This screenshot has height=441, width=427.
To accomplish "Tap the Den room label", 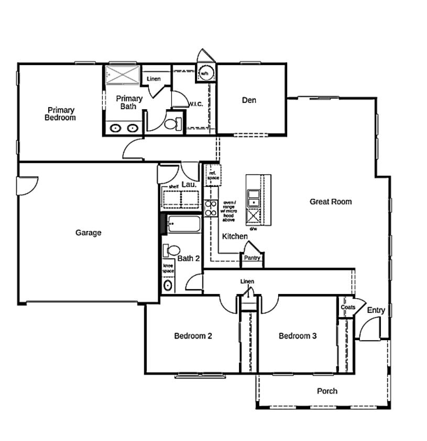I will click(249, 100).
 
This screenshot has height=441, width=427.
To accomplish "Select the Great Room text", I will click(330, 202).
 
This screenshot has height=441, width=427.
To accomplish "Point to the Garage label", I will click(88, 233).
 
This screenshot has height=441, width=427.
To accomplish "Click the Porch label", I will click(327, 391).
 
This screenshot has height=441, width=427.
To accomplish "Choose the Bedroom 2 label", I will click(193, 336).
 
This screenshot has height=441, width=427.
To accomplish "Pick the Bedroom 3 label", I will click(297, 336).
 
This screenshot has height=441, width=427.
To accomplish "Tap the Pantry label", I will click(252, 258).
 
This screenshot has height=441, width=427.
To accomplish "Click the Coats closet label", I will click(347, 307).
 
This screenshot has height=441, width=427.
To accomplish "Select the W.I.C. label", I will click(195, 104).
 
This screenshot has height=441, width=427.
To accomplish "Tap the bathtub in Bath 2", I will click(183, 225).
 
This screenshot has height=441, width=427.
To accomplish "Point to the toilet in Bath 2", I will click(172, 250).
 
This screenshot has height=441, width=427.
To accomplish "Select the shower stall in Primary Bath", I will click(123, 75).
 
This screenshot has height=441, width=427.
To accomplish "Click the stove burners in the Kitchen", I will click(211, 208).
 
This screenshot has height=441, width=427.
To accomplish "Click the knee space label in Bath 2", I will click(168, 268).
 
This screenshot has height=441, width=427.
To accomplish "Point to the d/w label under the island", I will click(253, 229).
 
